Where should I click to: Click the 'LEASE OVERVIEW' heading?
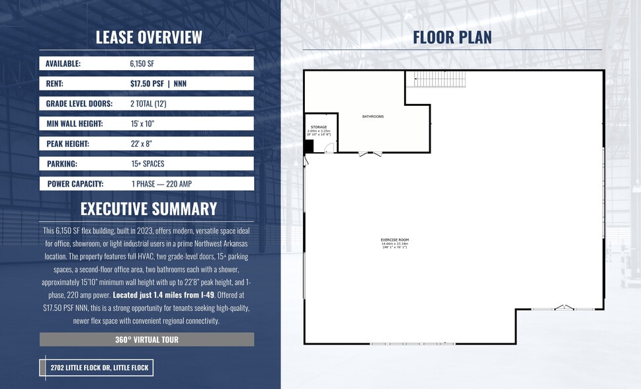pyautogui.click(x=149, y=37)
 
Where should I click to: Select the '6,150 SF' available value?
pyautogui.click(x=142, y=64)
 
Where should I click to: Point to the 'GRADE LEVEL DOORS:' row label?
pyautogui.click(x=79, y=104)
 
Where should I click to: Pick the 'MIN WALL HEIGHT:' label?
pyautogui.click(x=74, y=124)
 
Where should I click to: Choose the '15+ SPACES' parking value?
pyautogui.click(x=148, y=163)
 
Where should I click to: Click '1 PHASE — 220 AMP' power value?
pyautogui.click(x=162, y=183)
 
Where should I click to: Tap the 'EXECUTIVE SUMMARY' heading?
pyautogui.click(x=149, y=209)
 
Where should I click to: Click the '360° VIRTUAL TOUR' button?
pyautogui.click(x=147, y=339)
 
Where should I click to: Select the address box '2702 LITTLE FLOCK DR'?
pyautogui.click(x=97, y=368)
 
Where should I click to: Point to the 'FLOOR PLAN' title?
pyautogui.click(x=452, y=37)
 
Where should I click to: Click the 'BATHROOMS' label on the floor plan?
pyautogui.click(x=372, y=116)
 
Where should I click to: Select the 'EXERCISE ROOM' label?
pyautogui.click(x=394, y=239)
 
